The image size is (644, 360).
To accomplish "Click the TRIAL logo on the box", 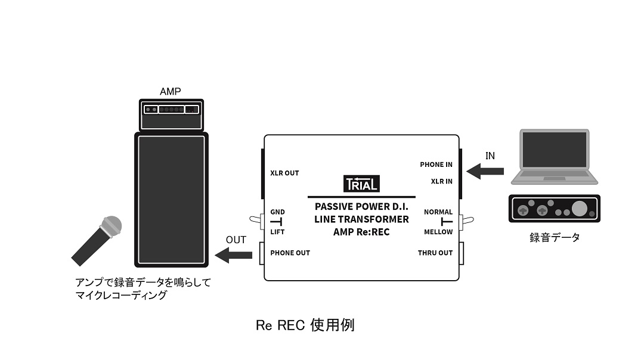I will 361,184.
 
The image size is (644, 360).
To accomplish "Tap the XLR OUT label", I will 284,173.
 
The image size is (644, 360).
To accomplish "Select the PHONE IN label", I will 436,165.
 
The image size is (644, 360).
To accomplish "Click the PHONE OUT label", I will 290,253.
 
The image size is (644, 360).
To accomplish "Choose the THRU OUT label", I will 435,253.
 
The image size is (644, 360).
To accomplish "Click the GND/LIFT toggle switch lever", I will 255,222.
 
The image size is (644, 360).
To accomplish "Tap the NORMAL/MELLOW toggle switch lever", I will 469,222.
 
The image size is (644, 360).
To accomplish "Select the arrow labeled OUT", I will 233,256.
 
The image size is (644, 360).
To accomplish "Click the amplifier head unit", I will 170,114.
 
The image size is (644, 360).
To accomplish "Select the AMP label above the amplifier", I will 171,91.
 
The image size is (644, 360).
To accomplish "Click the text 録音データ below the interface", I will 554,238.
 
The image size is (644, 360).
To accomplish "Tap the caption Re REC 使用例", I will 305,325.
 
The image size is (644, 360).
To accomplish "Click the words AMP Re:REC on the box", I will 361,232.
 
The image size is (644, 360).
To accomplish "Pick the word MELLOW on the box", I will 438,232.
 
